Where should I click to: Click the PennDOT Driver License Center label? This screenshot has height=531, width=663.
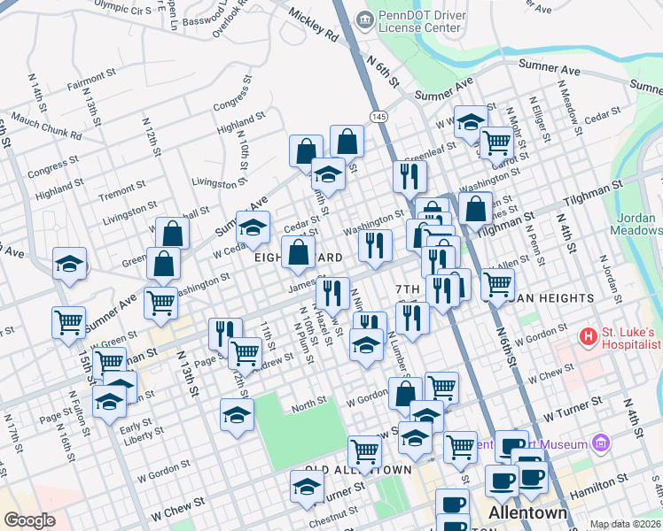[419, 20]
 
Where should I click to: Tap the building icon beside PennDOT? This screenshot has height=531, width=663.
[363, 19]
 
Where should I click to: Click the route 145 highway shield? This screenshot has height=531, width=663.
[378, 117]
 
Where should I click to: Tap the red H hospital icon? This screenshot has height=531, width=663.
[586, 337]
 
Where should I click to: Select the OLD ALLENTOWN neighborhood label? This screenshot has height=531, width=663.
[358, 469]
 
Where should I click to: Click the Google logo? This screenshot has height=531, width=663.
[28, 520]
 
